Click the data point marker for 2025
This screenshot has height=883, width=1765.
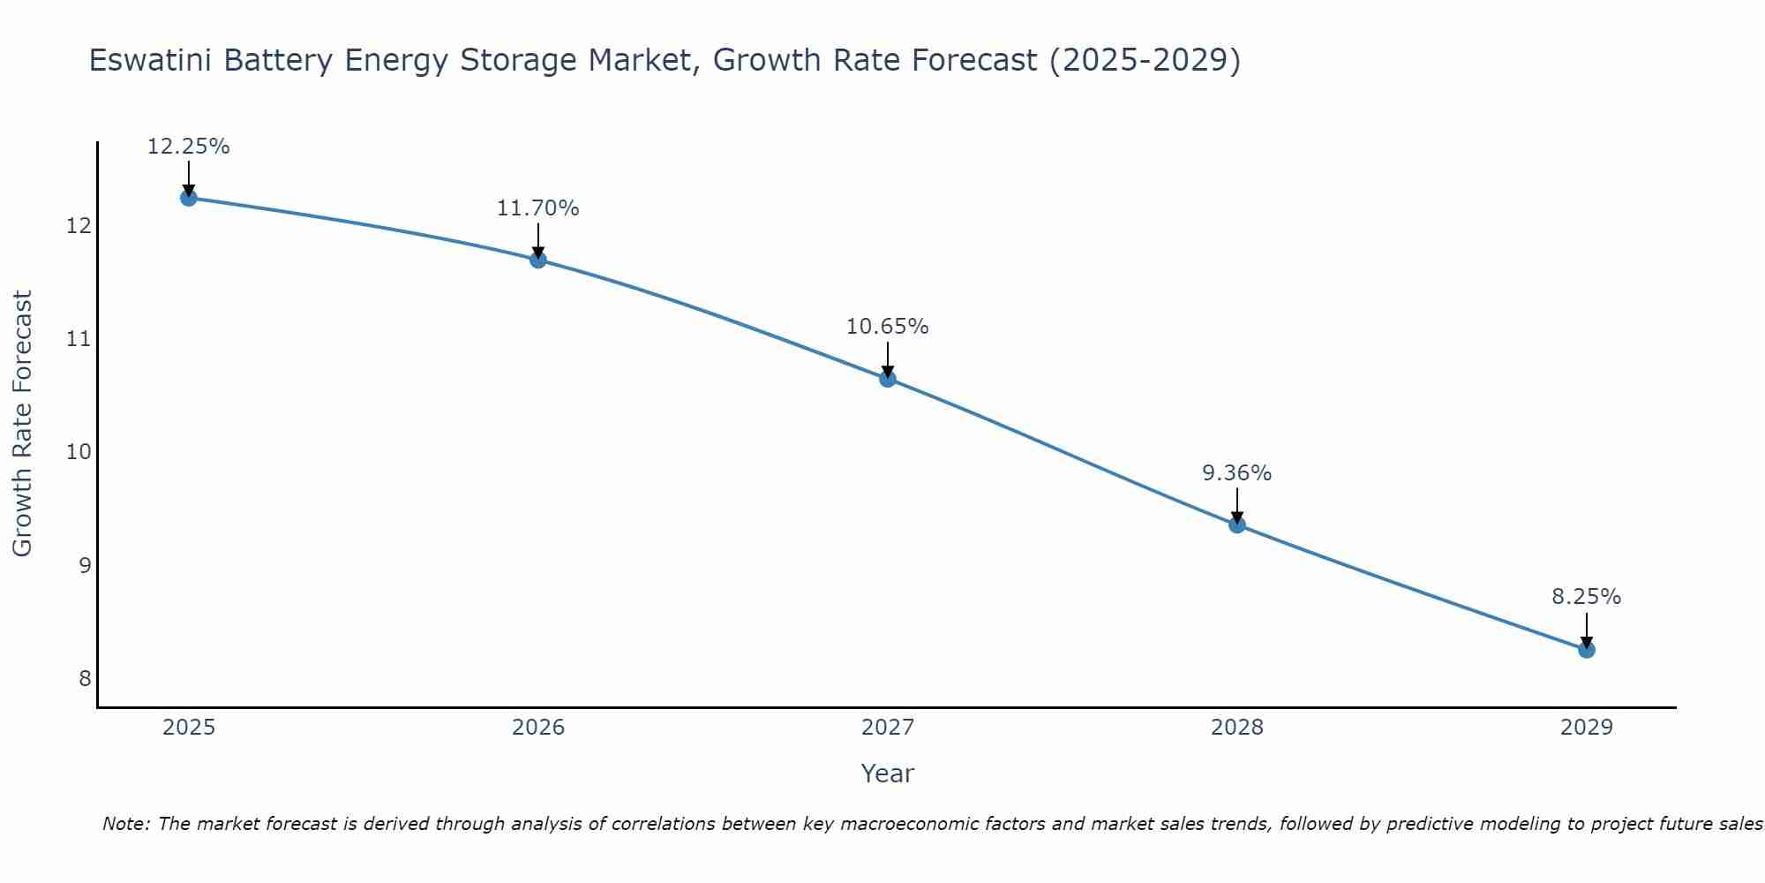188,198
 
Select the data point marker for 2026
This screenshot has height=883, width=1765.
538,260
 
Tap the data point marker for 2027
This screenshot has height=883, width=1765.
888,379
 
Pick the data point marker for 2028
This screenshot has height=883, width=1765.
1237,525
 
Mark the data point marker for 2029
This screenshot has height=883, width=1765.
1587,650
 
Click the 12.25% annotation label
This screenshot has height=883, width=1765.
188,147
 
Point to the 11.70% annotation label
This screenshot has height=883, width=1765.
538,208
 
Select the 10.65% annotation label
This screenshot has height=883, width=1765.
888,327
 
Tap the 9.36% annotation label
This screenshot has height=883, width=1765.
1237,473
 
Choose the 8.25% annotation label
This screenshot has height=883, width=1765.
1587,597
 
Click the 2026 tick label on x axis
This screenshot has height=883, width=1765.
538,728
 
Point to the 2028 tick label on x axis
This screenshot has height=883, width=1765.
1237,728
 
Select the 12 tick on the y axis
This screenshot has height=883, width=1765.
79,226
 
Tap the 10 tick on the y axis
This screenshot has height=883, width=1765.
79,452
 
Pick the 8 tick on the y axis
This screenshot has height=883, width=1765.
85,678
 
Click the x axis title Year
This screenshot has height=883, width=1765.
888,774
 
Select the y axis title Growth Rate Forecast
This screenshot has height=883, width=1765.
23,424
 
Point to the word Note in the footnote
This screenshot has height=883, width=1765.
125,825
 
